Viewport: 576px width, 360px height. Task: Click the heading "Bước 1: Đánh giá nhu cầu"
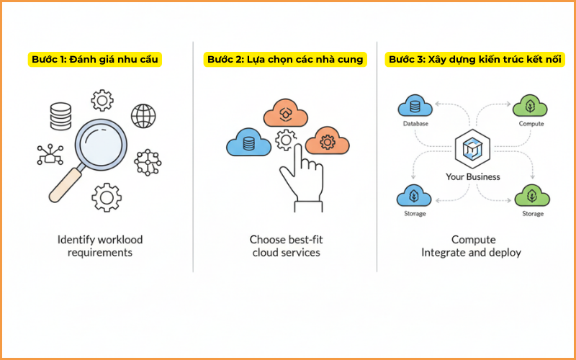(x=95, y=59)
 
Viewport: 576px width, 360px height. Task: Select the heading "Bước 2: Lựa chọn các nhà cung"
(x=284, y=59)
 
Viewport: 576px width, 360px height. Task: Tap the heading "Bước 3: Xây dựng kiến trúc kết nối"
(x=474, y=59)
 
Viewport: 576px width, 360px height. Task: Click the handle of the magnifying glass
(x=64, y=183)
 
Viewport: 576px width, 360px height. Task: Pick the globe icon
(x=144, y=115)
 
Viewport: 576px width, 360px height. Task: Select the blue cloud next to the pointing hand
(x=248, y=143)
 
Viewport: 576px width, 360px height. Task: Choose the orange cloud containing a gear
(x=327, y=141)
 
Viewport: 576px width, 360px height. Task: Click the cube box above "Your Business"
(x=473, y=149)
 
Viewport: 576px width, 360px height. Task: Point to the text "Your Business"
(x=473, y=176)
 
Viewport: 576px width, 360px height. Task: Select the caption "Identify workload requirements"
(x=100, y=246)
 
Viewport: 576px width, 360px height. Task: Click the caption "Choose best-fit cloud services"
(x=285, y=246)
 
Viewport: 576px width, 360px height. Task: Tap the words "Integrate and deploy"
(x=472, y=253)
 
